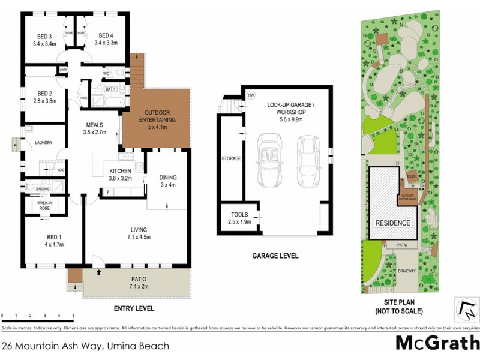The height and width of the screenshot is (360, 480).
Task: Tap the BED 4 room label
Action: pos(106,35)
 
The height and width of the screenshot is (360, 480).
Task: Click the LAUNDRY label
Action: pos(44,143)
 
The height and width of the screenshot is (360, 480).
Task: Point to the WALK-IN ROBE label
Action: pos(45,205)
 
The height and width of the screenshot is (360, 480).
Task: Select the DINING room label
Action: pos(168,178)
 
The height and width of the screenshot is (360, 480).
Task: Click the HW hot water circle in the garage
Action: pos(251,95)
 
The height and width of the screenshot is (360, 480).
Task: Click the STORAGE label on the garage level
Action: pos(231,158)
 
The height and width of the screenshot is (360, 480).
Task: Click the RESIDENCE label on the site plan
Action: pos(393,223)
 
